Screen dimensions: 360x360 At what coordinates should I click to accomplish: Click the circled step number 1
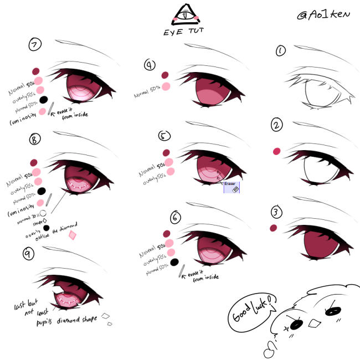281,52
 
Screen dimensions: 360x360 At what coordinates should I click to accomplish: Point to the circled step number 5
163,136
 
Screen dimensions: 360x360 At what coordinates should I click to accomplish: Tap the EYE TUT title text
183,32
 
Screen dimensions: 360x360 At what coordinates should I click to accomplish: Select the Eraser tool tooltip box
232,186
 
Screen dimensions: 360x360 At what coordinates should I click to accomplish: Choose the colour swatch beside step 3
273,228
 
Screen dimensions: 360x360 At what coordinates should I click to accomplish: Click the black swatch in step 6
174,261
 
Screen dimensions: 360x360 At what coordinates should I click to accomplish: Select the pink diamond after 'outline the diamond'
72,235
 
